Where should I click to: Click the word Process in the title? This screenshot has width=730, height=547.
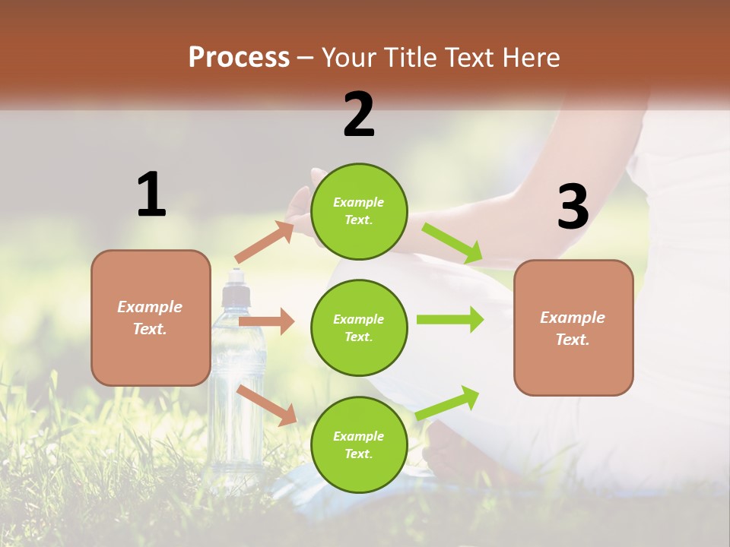239,58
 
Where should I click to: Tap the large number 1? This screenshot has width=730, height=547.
151,195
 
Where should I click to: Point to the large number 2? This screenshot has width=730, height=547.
359,115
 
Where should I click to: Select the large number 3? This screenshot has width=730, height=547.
573,207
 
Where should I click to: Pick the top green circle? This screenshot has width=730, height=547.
359,210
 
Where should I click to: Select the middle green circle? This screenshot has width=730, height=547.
359,327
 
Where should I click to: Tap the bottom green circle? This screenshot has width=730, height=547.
359,444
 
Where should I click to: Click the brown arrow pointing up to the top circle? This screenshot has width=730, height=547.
265,242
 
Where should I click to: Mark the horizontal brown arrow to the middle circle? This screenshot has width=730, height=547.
266,322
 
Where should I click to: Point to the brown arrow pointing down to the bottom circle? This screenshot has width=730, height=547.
267,405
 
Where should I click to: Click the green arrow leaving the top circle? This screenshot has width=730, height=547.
453,243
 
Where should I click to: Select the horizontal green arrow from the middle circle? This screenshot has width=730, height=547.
450,319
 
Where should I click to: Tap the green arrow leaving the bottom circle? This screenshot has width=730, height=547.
448,403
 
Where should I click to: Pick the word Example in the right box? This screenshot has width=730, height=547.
573,318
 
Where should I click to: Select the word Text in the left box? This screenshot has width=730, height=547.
149,329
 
